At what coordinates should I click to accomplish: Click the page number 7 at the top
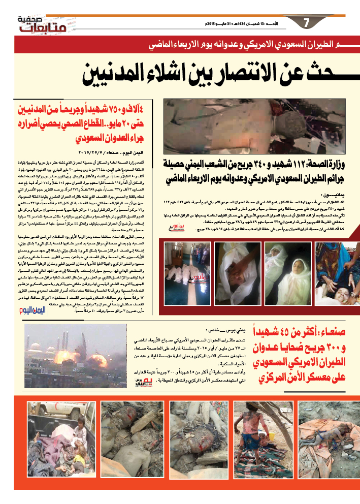pyautogui.click(x=306, y=23)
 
